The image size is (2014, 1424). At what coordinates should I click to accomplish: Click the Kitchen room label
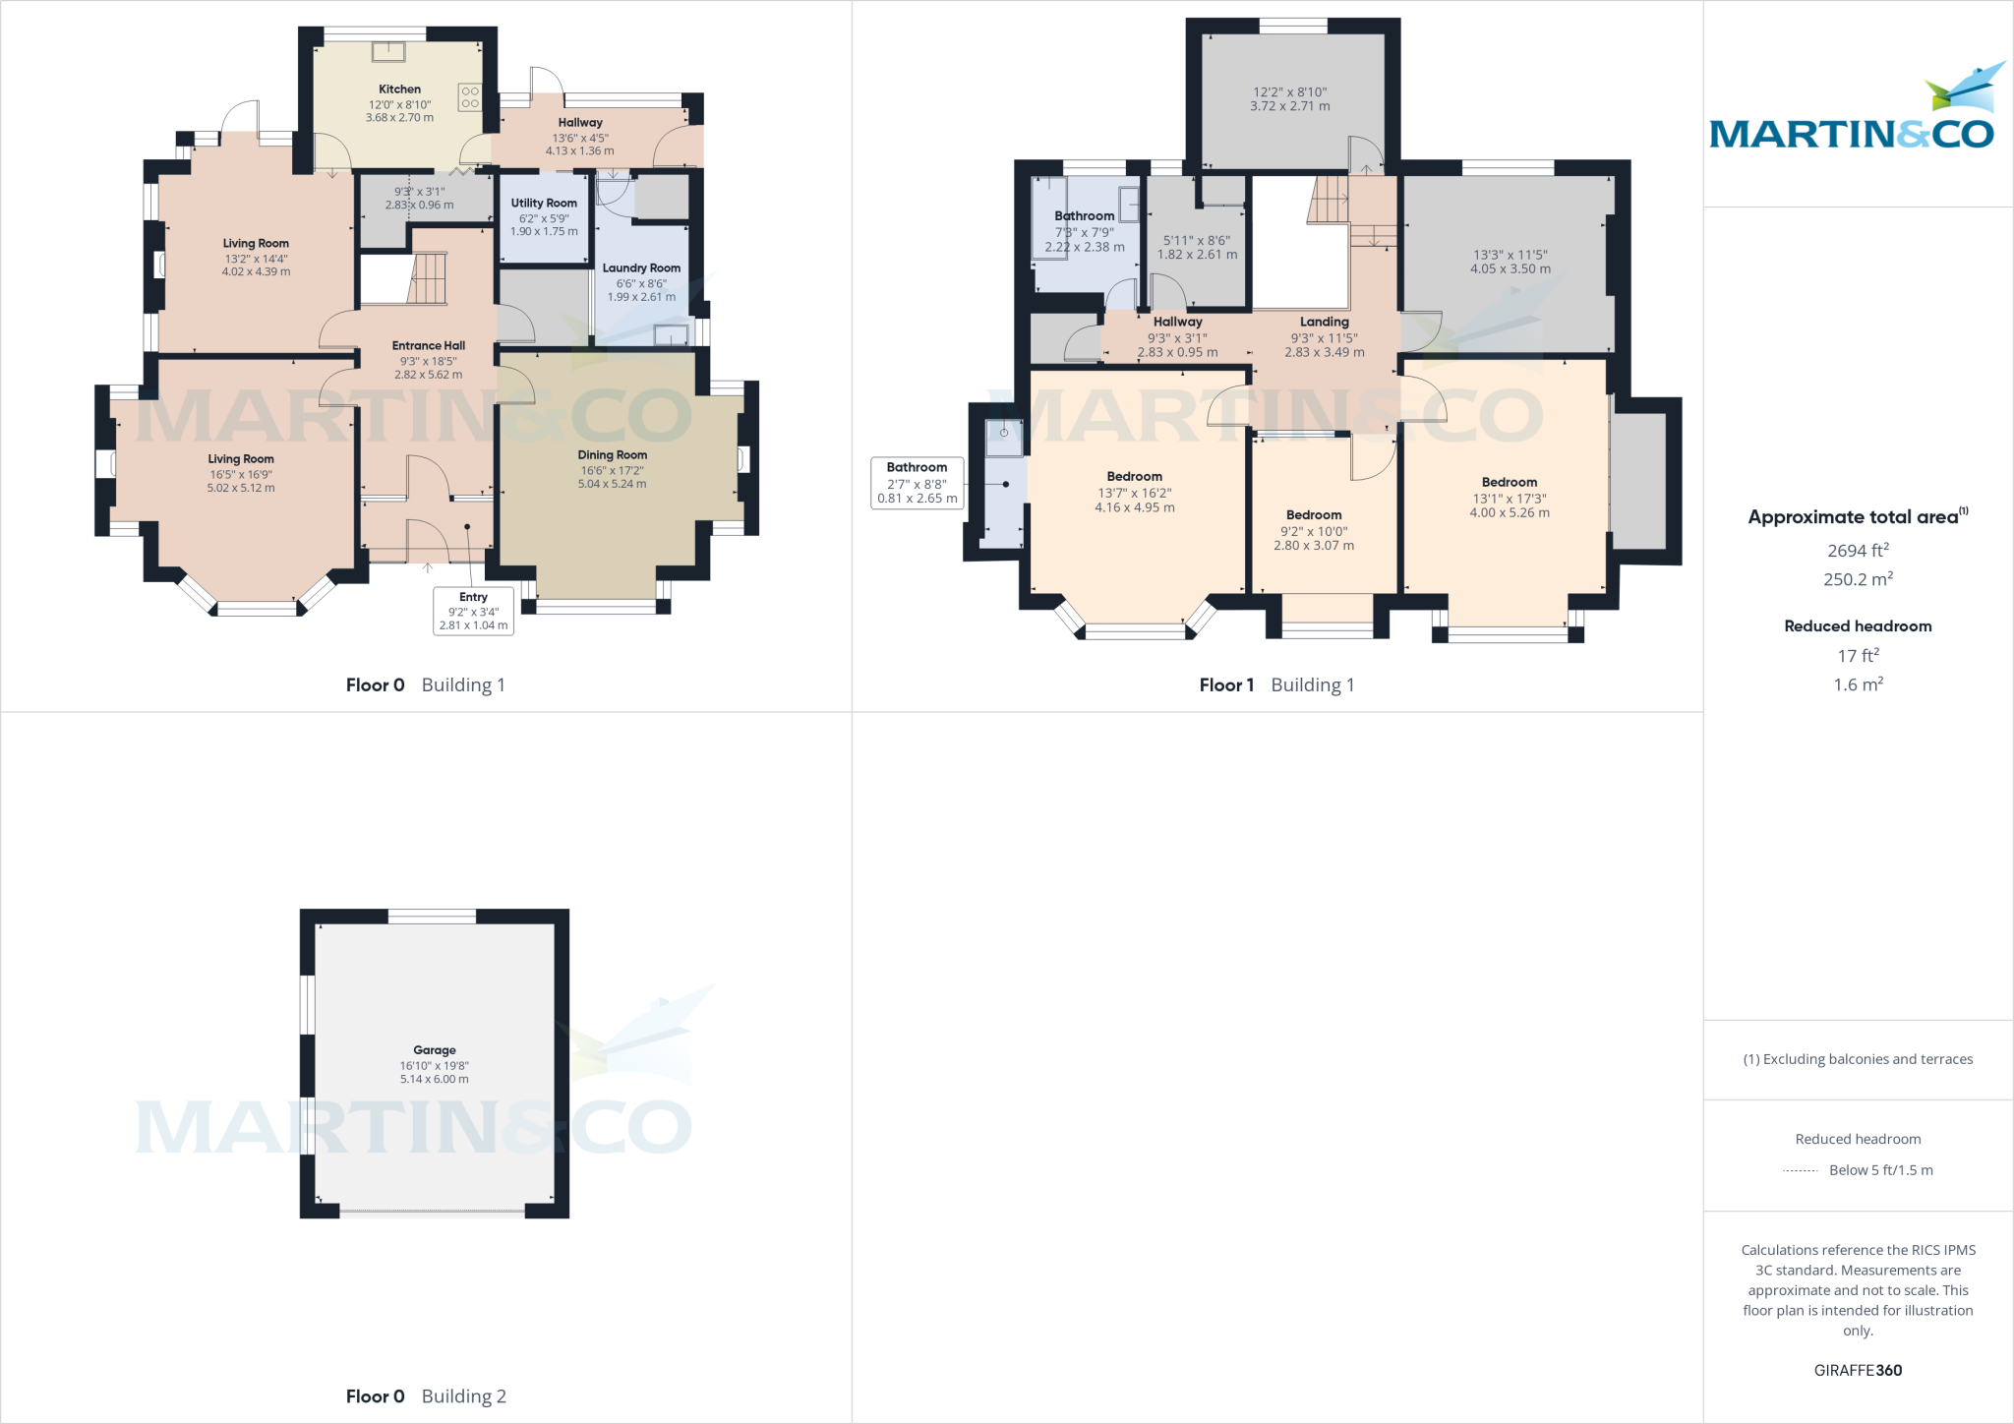(x=399, y=89)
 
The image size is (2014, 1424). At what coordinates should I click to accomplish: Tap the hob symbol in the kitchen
(x=469, y=96)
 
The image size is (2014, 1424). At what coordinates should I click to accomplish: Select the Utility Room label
(x=544, y=203)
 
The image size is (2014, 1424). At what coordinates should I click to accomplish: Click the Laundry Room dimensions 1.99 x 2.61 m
(x=641, y=297)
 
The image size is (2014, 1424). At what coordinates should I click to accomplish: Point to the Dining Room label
(x=612, y=454)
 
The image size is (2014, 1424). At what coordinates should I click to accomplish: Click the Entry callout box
(x=473, y=611)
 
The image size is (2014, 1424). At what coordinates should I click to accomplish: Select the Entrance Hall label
(x=428, y=345)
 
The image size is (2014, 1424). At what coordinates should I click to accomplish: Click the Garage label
(x=434, y=1050)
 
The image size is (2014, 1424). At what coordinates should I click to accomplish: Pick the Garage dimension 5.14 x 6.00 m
(x=434, y=1079)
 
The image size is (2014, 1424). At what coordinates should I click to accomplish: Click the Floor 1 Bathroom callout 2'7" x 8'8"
(x=917, y=483)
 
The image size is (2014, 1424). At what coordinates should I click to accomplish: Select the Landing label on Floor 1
(x=1324, y=322)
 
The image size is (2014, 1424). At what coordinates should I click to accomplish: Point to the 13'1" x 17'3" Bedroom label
(x=1509, y=482)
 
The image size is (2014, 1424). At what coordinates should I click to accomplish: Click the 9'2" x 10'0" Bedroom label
(x=1313, y=514)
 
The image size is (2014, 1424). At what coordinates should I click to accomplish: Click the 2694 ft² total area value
(x=1857, y=551)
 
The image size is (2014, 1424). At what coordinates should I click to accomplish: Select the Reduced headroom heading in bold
(x=1857, y=626)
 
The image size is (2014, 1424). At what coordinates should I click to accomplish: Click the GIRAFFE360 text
(x=1857, y=1370)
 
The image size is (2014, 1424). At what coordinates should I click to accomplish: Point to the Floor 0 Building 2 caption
(x=426, y=1395)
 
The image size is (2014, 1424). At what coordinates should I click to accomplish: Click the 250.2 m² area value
(x=1857, y=579)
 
